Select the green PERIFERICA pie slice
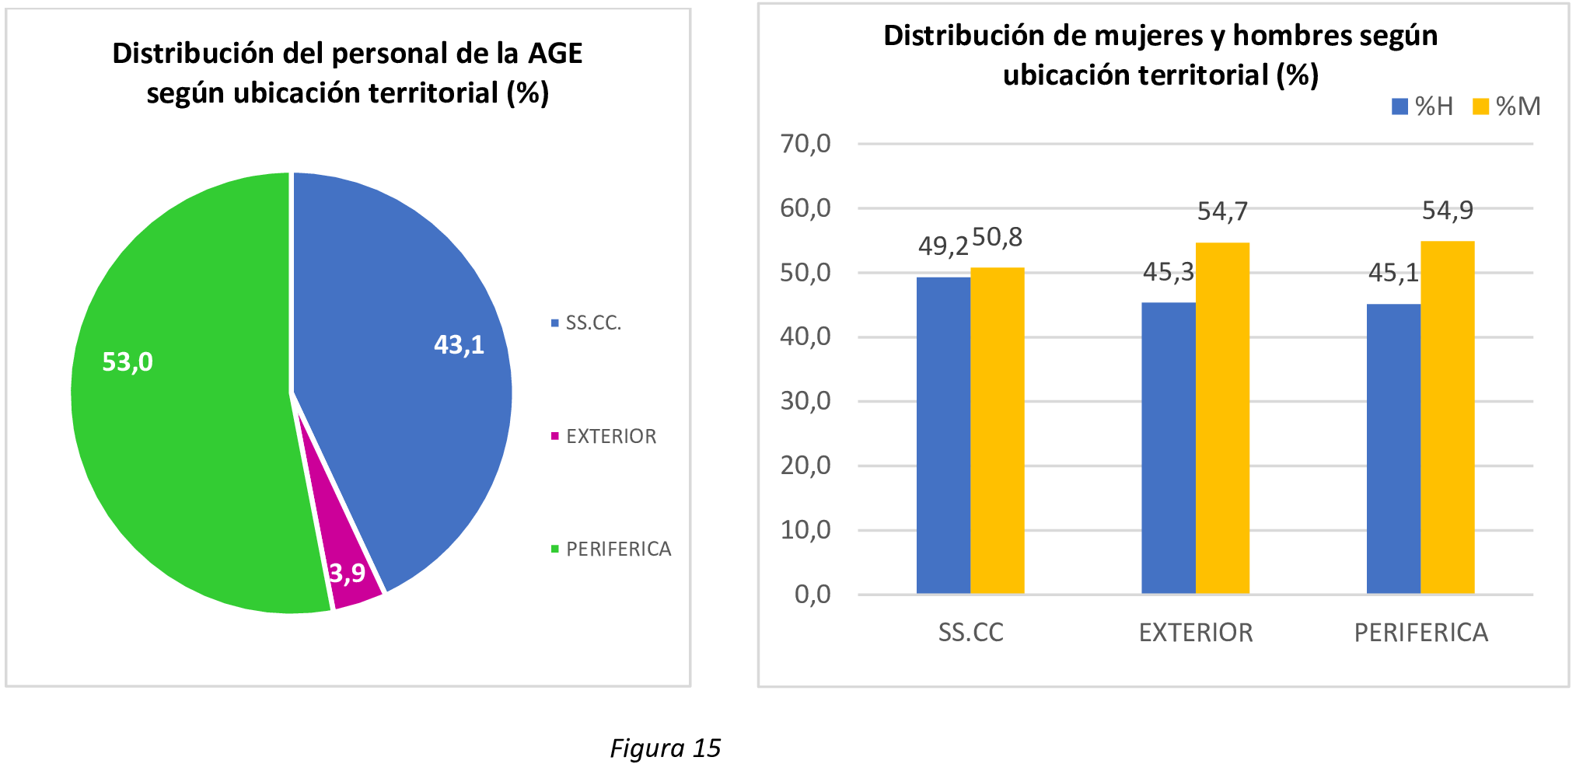point(187,435)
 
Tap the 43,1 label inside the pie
point(459,344)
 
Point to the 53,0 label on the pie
point(128,361)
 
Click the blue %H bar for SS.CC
point(943,435)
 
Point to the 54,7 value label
point(1222,211)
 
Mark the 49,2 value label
point(943,246)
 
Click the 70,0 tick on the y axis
point(805,144)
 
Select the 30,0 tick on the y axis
point(805,401)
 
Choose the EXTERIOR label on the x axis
point(1196,633)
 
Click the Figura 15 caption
point(666,748)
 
